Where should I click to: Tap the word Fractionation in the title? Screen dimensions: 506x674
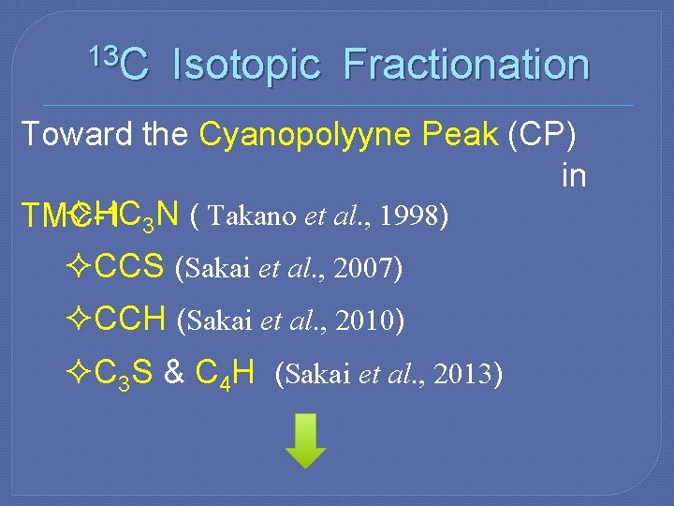tap(465, 66)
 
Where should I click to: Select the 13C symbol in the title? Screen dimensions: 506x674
tap(118, 62)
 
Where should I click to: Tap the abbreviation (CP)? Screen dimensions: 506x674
tap(542, 134)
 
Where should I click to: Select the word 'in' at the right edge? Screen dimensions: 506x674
tap(573, 175)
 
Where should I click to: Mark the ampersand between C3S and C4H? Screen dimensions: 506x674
tap(173, 374)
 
